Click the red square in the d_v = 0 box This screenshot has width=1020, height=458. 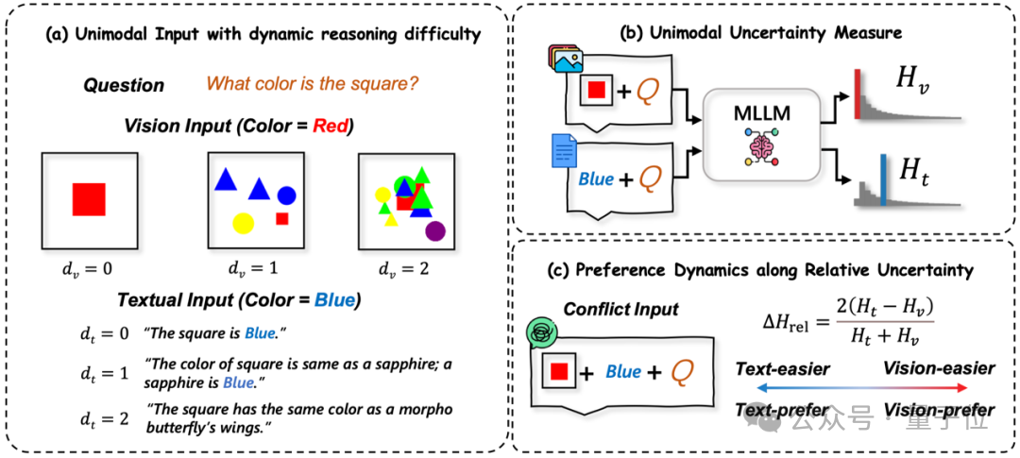click(89, 200)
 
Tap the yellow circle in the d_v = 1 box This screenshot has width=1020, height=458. click(243, 223)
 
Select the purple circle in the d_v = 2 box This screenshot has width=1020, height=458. click(435, 229)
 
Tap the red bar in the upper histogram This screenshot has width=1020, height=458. click(858, 94)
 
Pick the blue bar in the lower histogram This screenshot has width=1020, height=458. click(882, 181)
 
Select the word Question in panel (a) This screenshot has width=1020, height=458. click(124, 85)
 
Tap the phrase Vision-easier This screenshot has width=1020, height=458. click(939, 368)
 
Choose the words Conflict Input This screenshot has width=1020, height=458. click(621, 310)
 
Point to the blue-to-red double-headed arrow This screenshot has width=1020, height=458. click(864, 389)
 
